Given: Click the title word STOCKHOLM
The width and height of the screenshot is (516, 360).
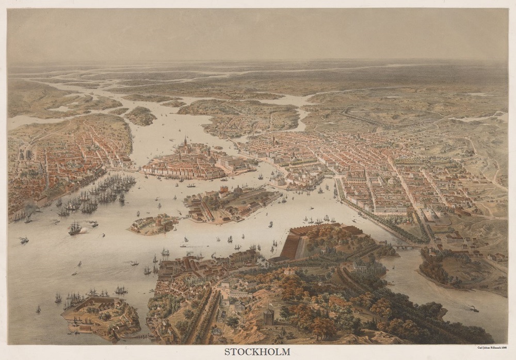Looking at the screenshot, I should (257, 352).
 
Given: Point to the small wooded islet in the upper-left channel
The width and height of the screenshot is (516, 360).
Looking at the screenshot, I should (140, 116).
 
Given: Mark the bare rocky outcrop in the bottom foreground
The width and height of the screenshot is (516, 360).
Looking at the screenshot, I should (243, 330).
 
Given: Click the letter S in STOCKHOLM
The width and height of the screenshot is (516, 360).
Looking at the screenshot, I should (227, 352).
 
